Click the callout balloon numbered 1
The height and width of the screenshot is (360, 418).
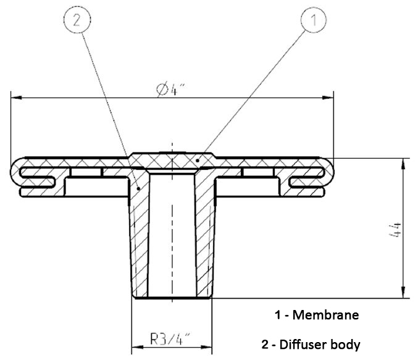(x=314, y=20)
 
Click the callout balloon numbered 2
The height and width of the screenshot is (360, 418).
(x=77, y=20)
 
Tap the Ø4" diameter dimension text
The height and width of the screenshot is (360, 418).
(x=170, y=90)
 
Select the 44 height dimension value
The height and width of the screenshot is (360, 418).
(x=395, y=230)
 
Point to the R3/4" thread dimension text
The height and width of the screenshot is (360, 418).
(x=170, y=339)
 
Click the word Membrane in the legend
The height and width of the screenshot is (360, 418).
(x=325, y=315)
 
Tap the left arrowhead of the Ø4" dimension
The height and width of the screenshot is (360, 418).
(x=16, y=98)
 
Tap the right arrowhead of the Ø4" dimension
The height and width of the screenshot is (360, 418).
(x=328, y=98)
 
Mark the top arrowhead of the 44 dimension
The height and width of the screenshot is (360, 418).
(x=404, y=164)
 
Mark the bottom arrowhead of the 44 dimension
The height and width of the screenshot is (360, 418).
(x=404, y=293)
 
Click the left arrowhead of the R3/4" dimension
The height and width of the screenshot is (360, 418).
(x=137, y=347)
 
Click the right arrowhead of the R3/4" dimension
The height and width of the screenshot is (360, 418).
(x=206, y=347)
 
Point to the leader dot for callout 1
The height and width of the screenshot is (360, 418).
(x=198, y=161)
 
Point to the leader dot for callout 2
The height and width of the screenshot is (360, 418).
(x=138, y=188)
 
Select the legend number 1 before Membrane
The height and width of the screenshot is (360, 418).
(x=278, y=315)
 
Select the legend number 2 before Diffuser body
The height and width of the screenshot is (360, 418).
(x=265, y=345)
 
